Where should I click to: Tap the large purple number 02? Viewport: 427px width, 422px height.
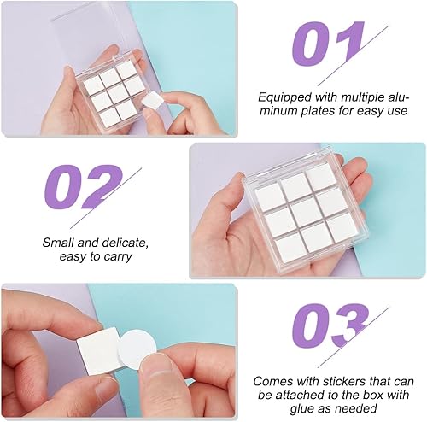[83, 186]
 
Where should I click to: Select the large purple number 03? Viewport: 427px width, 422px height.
[330, 325]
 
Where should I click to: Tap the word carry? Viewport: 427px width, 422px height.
[118, 257]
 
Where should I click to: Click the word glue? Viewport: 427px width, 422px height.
[301, 408]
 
